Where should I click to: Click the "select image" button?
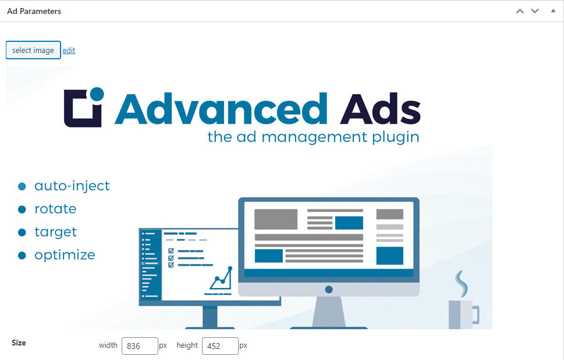[x=33, y=50]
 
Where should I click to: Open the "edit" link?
[x=69, y=50]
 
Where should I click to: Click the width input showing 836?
[x=140, y=346]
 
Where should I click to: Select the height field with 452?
[x=220, y=346]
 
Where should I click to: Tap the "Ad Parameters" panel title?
[x=34, y=11]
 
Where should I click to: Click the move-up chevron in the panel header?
[x=520, y=11]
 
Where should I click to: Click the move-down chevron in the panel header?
[x=535, y=11]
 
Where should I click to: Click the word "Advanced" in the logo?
[x=221, y=108]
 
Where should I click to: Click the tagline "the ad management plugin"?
[x=313, y=137]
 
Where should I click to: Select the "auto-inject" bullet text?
[x=72, y=186]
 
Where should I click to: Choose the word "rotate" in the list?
[x=55, y=209]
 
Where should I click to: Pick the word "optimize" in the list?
[x=65, y=255]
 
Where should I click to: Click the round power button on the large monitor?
[x=329, y=289]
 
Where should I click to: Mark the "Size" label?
[x=19, y=343]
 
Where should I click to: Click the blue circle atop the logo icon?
[x=97, y=94]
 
